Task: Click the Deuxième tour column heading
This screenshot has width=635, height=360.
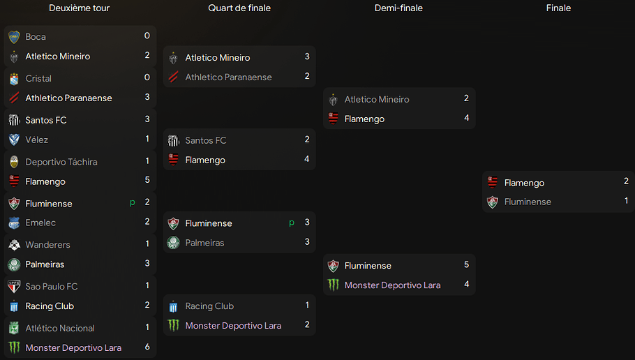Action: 79,8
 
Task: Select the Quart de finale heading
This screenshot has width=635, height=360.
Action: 239,8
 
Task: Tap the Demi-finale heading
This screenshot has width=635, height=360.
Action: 398,8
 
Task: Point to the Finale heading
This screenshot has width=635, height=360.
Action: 558,8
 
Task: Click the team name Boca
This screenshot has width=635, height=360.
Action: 36,36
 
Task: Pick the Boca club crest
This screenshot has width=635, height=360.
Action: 14,36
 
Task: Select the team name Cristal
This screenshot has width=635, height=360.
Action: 38,78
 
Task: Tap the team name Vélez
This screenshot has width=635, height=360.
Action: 37,140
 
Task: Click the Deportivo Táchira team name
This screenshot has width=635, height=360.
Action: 61,162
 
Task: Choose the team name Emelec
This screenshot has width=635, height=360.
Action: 40,223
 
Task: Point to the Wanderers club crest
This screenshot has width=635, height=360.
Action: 14,245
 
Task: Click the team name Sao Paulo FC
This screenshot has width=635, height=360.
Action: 52,286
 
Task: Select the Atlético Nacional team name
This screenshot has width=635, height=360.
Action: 60,328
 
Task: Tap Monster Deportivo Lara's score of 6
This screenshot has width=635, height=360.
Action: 147,347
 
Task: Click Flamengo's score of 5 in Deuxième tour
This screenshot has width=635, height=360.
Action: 147,181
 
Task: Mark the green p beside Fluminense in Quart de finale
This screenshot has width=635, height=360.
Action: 292,223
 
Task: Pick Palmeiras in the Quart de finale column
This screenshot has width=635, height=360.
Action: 204,243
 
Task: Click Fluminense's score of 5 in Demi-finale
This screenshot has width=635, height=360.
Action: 466,265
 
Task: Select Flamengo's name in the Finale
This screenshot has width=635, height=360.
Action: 524,183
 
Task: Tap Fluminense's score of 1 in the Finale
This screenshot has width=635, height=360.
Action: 627,202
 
